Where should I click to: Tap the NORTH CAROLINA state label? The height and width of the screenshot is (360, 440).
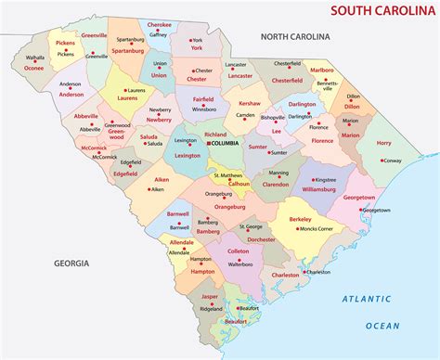point(295,36)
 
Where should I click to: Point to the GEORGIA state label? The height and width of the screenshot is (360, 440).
point(71,263)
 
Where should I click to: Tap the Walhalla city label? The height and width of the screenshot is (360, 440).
point(35,57)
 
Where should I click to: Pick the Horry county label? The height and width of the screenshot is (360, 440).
point(383,143)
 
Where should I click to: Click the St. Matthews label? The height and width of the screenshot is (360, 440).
point(228,174)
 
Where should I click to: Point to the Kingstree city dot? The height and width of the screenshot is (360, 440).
point(313,179)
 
